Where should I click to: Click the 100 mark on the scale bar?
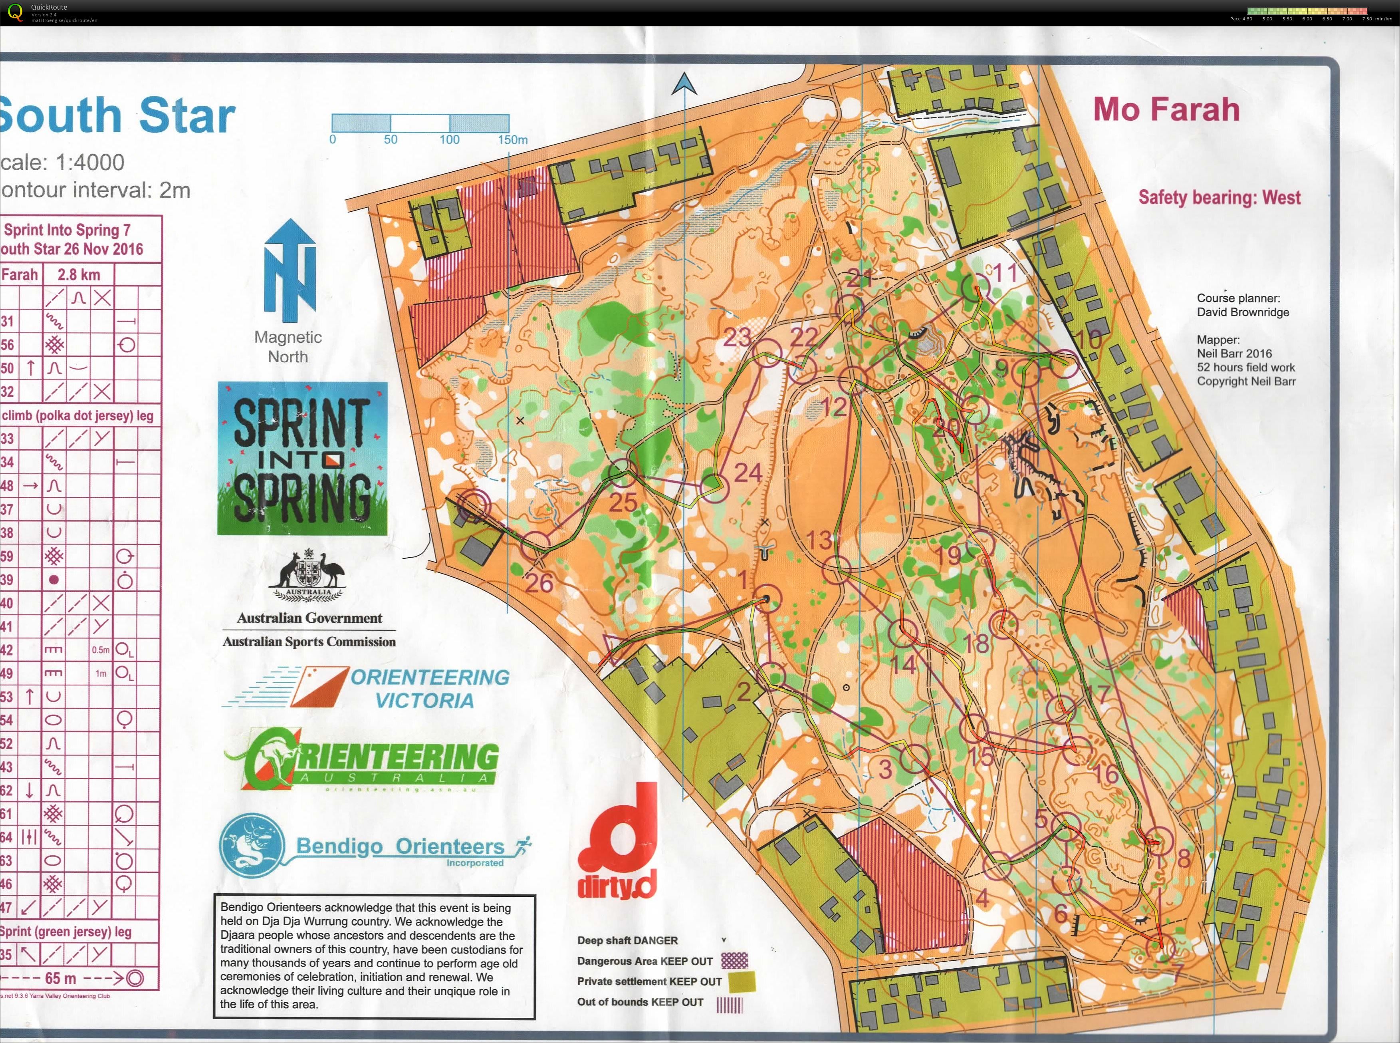pos(449,139)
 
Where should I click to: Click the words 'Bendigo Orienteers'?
pos(400,846)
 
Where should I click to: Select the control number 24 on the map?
pos(748,472)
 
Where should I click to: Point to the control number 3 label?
pos(885,769)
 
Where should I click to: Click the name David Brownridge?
pos(1242,312)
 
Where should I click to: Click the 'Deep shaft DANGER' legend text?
pos(627,940)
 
